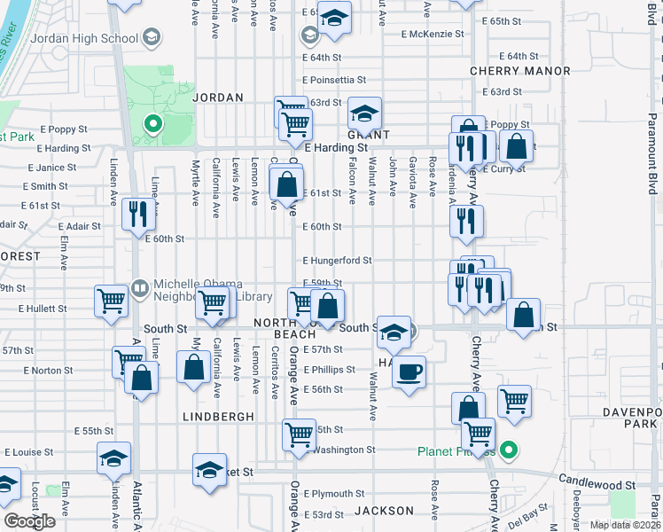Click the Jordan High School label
point(84,39)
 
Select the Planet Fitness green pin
point(508,451)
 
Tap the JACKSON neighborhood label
point(384,511)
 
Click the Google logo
point(30,520)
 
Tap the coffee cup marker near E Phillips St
point(409,371)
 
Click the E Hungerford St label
point(337,261)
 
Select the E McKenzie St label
point(432,35)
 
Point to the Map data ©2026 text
point(624,525)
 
